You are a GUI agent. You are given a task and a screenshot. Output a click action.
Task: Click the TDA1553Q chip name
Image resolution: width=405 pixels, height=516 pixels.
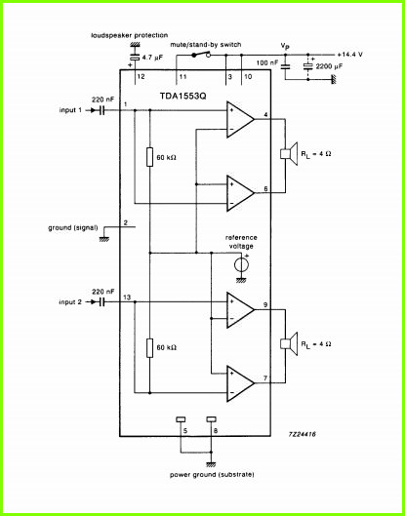point(183,96)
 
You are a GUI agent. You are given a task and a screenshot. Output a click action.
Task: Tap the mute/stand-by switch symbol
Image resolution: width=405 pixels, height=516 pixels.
point(201,55)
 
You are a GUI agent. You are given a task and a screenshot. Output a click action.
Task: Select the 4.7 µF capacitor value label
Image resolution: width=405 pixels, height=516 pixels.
point(153,58)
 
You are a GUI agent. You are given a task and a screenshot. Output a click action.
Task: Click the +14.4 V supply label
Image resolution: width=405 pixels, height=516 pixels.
point(350,55)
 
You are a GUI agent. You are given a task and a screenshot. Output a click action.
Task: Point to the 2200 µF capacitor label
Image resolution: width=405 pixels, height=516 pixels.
point(329,66)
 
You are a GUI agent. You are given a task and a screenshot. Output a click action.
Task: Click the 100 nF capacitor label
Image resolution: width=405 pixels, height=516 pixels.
point(267,62)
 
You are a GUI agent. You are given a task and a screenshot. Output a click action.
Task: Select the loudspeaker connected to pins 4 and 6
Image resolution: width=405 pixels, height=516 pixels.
point(289,154)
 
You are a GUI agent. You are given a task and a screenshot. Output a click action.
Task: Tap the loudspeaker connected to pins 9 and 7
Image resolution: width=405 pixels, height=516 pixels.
point(289,344)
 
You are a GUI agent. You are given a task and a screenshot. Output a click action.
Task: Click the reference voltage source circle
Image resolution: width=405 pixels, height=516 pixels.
point(241,264)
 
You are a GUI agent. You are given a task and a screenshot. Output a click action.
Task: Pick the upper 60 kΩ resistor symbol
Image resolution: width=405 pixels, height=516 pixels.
point(150,157)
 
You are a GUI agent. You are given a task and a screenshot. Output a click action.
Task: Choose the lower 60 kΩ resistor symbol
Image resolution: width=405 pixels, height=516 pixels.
point(150,348)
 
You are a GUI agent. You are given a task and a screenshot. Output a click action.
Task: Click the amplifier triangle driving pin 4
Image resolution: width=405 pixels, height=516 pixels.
point(240,119)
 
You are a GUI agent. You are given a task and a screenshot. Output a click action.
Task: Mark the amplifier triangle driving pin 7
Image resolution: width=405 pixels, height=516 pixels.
point(240,383)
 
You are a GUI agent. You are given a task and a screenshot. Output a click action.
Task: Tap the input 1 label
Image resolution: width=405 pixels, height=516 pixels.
point(70,110)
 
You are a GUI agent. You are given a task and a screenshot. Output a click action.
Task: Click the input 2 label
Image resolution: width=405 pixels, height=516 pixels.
point(70,302)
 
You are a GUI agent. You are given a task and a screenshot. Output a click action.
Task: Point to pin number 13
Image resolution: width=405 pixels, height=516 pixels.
point(127,298)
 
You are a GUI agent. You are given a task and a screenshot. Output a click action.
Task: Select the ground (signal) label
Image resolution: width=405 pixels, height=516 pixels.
point(73,227)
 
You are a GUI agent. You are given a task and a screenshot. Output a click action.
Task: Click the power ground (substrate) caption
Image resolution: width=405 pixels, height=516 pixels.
point(212,475)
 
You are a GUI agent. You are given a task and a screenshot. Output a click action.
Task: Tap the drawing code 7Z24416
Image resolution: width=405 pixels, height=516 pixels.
point(303,434)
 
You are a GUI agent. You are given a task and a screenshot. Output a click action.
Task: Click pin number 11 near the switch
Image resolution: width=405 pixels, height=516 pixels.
point(182,77)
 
